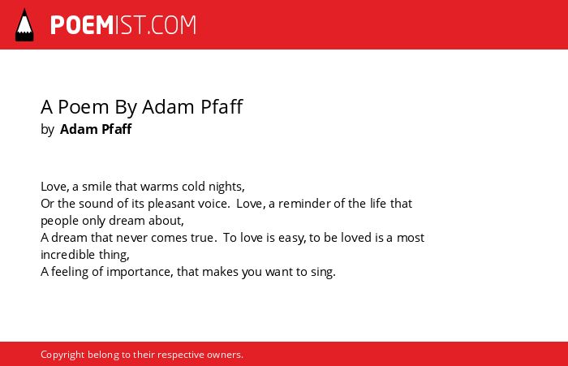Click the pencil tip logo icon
[24, 25]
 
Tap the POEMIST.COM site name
[123, 25]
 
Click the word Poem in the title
[84, 106]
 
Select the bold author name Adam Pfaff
[96, 129]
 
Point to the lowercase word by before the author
[47, 130]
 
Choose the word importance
[140, 272]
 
